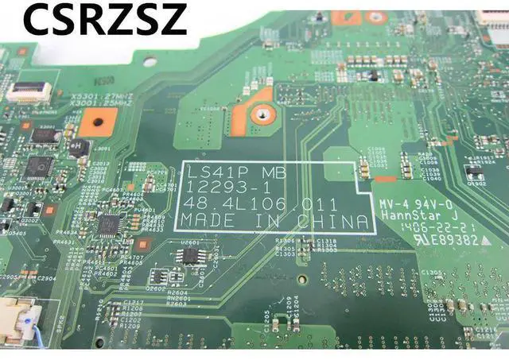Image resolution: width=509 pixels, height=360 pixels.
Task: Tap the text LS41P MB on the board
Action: tap(225, 172)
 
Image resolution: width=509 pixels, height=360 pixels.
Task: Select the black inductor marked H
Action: tap(79, 147)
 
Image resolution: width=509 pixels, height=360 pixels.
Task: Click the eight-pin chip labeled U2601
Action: tap(190, 254)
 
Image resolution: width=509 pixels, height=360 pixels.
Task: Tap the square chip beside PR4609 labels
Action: tap(109, 223)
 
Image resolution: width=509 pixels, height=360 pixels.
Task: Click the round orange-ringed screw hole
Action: tap(258, 114)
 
